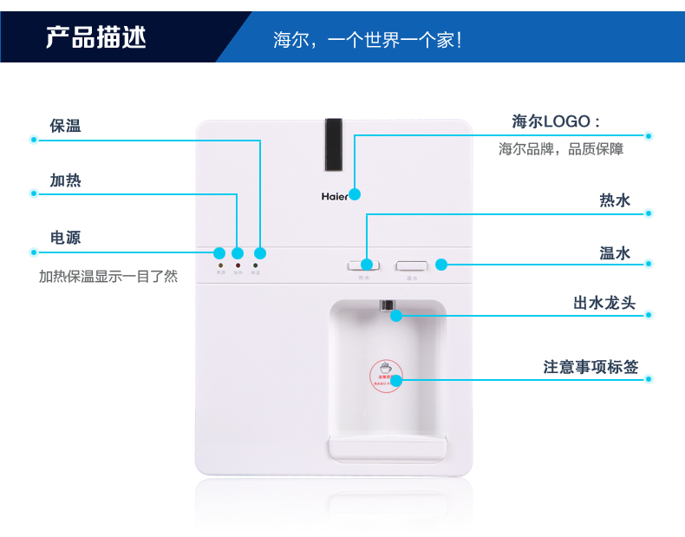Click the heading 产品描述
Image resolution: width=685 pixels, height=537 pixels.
pyautogui.click(x=96, y=37)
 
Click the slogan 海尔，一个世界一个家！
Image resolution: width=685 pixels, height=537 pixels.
pyautogui.click(x=367, y=40)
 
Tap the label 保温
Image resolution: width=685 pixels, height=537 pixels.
pyautogui.click(x=66, y=126)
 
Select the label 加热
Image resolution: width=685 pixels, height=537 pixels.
pyautogui.click(x=66, y=181)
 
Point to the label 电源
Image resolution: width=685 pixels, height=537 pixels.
pyautogui.click(x=66, y=238)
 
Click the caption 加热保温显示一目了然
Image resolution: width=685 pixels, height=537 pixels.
pyautogui.click(x=108, y=277)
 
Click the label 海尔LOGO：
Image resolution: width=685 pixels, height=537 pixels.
pyautogui.click(x=557, y=121)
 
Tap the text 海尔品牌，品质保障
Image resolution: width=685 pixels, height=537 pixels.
pyautogui.click(x=561, y=149)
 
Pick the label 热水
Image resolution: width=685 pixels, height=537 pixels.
pyautogui.click(x=615, y=200)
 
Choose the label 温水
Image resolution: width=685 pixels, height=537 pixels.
pyautogui.click(x=615, y=253)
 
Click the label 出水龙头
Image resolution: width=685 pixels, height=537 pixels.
pyautogui.click(x=604, y=303)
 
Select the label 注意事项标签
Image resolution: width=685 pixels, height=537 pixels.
pyautogui.click(x=590, y=367)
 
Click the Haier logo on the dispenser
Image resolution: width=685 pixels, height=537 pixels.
pyautogui.click(x=335, y=196)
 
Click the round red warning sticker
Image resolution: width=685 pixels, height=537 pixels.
pyautogui.click(x=386, y=374)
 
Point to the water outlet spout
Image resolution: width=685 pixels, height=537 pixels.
pyautogui.click(x=388, y=305)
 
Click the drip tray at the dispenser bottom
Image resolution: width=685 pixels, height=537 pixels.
pyautogui.click(x=388, y=449)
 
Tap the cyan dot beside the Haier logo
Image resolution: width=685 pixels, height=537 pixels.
pyautogui.click(x=355, y=193)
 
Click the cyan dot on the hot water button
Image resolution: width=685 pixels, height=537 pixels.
pyautogui.click(x=367, y=264)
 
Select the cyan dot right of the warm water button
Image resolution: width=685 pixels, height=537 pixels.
pyautogui.click(x=441, y=264)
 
